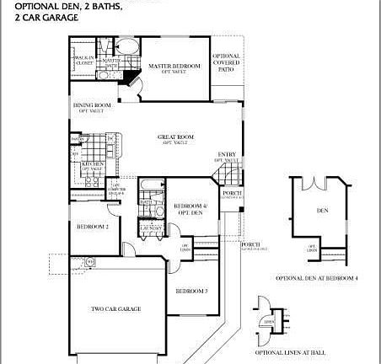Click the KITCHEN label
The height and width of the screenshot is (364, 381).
pos(92,165)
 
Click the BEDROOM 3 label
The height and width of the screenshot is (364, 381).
pos(191,291)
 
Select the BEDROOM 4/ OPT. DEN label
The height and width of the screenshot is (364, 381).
pos(190,210)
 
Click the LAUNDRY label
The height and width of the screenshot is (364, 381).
pos(151,227)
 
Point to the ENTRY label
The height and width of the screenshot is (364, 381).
pos(227,154)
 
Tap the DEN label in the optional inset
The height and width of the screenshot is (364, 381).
pos(322,210)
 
